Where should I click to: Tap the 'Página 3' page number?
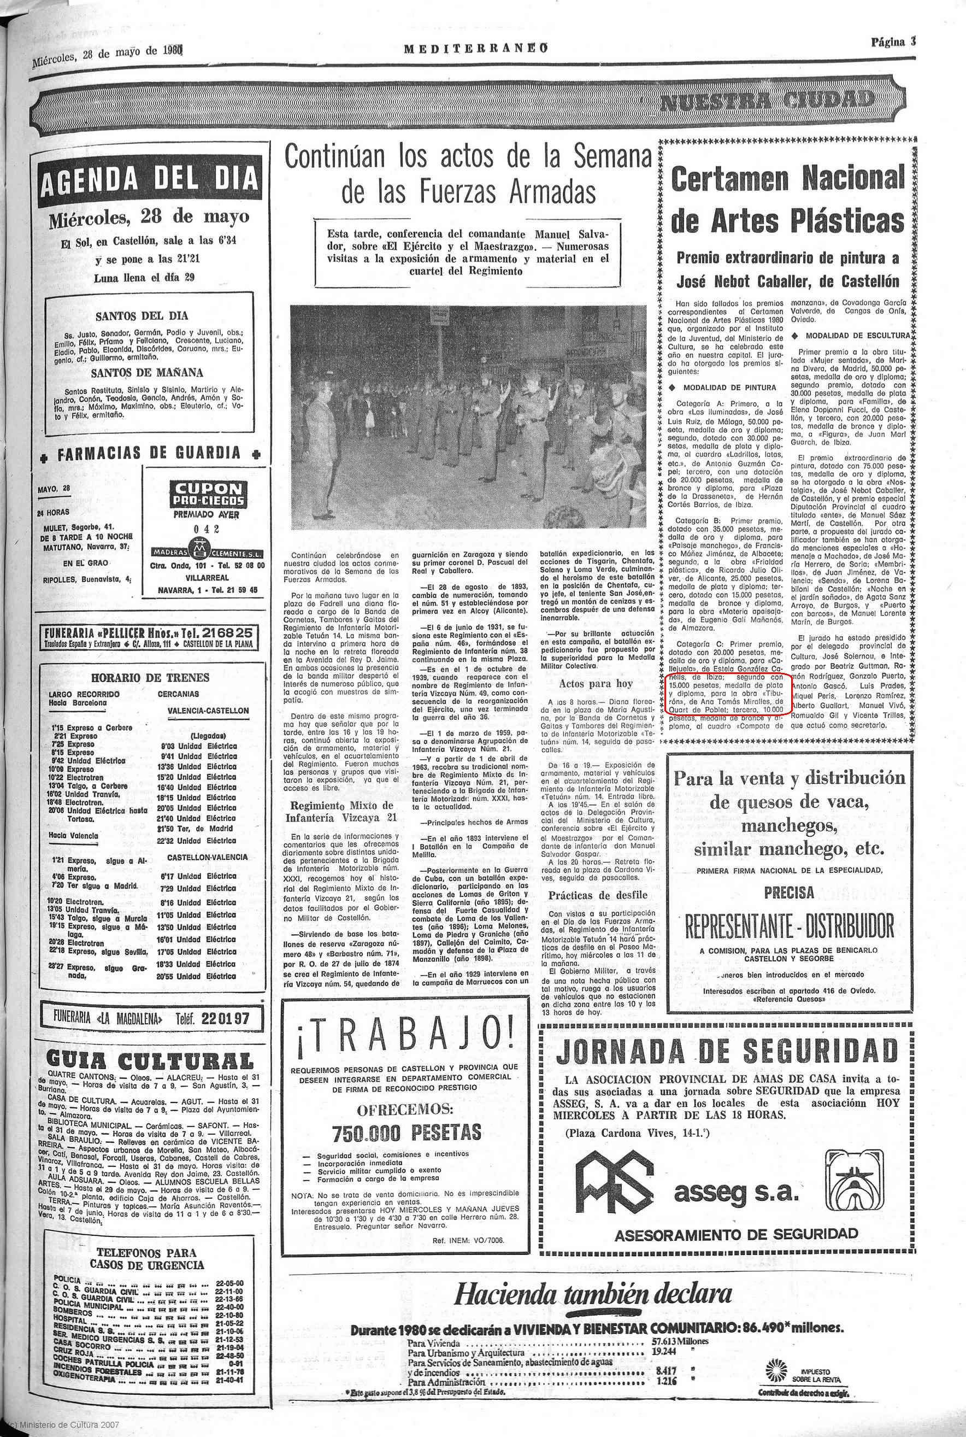(893, 43)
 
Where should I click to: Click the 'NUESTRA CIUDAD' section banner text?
(767, 101)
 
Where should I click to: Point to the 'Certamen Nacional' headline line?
(787, 179)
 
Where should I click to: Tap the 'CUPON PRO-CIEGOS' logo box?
(208, 495)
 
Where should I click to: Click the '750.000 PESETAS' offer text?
(405, 1133)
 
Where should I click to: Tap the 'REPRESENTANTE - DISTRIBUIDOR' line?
(788, 925)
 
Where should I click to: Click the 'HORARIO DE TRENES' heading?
(150, 677)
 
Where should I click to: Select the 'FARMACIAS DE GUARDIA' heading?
(149, 454)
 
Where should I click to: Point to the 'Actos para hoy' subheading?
(587, 683)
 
